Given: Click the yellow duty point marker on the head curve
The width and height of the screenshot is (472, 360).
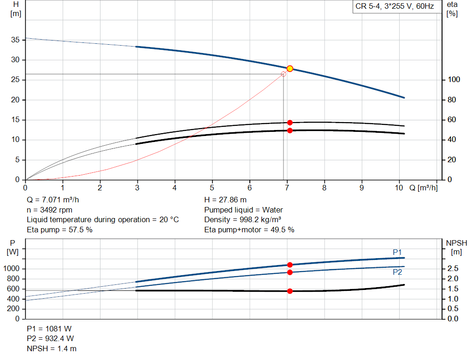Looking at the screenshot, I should pos(290,69).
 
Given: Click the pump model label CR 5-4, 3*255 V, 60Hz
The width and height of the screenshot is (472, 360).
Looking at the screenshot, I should pos(395,7).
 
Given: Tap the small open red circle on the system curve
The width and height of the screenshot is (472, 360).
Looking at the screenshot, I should pos(283,74).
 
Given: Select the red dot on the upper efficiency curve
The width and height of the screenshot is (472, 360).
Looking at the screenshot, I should pos(290,123).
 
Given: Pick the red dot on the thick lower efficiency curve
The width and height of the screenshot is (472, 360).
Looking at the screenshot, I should pos(290,130).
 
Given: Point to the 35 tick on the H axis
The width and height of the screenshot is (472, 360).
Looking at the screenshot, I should pos(16,40).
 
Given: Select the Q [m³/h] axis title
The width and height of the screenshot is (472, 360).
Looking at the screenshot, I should pos(423,188).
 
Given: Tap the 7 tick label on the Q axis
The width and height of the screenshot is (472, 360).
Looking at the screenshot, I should pos(287,188).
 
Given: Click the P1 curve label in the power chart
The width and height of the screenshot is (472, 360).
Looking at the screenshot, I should pos(397,252).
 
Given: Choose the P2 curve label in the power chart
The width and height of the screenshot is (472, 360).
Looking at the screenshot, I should pos(397,272).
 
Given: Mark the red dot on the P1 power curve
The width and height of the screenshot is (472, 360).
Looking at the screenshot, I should pos(290,265).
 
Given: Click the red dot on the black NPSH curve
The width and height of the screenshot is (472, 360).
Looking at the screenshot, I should pos(290,291).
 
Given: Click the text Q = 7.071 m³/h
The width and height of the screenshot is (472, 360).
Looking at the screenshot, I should pos(56,200).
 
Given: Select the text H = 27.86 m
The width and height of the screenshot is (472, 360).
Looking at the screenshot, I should pos(225,200).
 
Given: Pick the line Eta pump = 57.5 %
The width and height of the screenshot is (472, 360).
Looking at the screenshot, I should pos(59,230).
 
